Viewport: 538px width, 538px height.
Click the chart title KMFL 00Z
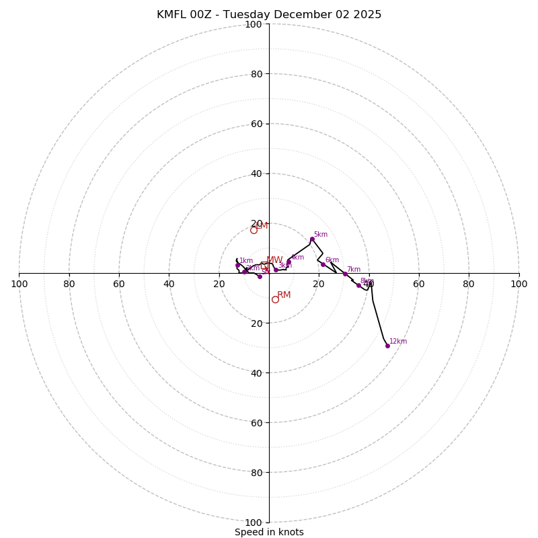pyautogui.click(x=269, y=15)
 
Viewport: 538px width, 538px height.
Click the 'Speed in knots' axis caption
pyautogui.click(x=269, y=532)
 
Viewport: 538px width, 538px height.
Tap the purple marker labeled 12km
pyautogui.click(x=387, y=346)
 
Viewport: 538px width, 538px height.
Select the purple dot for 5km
pyautogui.click(x=312, y=239)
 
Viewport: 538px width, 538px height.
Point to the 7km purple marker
pyautogui.click(x=345, y=274)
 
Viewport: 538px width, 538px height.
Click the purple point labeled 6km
pyautogui.click(x=323, y=264)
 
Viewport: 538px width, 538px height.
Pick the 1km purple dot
pyautogui.click(x=237, y=265)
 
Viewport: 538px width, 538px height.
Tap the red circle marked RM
pyautogui.click(x=275, y=299)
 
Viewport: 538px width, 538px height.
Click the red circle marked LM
pyautogui.click(x=254, y=230)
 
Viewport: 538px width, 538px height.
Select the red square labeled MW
pyautogui.click(x=264, y=266)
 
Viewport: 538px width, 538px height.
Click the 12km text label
pyautogui.click(x=398, y=341)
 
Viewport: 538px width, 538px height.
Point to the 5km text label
pyautogui.click(x=321, y=234)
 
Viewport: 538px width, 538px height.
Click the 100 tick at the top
pyautogui.click(x=253, y=24)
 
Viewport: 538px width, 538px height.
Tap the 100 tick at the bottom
pyautogui.click(x=253, y=522)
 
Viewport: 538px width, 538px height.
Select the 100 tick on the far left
pyautogui.click(x=19, y=284)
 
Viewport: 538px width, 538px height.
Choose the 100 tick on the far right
pyautogui.click(x=518, y=284)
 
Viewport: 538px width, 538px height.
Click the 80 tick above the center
pyautogui.click(x=256, y=74)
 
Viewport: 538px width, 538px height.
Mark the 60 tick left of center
pyautogui.click(x=119, y=284)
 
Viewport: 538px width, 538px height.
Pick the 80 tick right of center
pyautogui.click(x=469, y=284)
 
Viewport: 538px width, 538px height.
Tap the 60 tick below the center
pyautogui.click(x=256, y=422)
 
